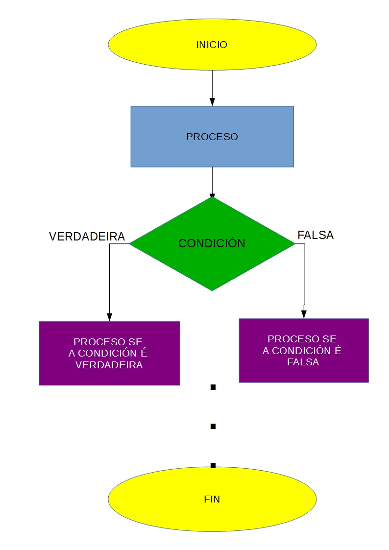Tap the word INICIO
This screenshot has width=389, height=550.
(x=212, y=45)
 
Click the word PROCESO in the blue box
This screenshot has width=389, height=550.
(x=212, y=137)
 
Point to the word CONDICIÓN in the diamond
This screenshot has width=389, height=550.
(x=212, y=243)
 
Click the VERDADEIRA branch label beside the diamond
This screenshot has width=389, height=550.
(x=87, y=237)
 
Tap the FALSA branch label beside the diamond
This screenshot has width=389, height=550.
(x=316, y=235)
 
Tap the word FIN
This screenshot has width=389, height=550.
(x=212, y=500)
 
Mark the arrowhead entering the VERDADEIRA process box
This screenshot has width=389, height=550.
(x=109, y=316)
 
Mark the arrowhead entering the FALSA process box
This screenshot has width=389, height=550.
(x=304, y=314)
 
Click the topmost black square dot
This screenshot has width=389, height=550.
(x=213, y=387)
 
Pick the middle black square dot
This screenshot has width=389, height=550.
(x=213, y=427)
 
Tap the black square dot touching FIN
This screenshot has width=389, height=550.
(x=213, y=465)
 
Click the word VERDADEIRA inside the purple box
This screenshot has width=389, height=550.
(x=109, y=365)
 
